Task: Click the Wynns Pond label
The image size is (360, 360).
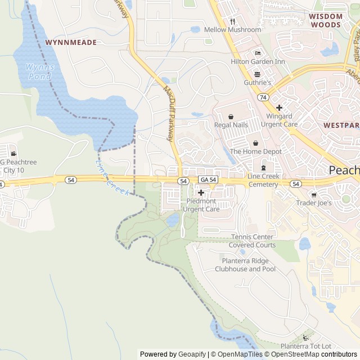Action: click(39, 71)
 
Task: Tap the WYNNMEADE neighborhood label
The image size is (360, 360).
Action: click(71, 42)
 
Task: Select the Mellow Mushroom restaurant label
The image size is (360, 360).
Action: click(232, 29)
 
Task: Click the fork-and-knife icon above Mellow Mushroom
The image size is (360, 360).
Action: click(231, 21)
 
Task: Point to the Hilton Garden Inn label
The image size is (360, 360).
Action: click(258, 61)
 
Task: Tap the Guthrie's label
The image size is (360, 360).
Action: click(258, 83)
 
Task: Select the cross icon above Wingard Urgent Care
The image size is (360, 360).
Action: click(278, 107)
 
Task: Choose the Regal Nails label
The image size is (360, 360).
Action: click(231, 124)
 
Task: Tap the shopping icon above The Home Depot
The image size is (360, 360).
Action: click(255, 143)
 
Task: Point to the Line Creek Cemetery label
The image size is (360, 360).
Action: click(263, 180)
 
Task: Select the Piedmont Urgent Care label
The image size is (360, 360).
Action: click(201, 205)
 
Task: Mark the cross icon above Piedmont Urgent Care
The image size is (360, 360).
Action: click(201, 193)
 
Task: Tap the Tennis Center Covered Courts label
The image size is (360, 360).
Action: click(252, 241)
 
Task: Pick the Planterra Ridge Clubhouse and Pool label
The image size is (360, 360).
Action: click(249, 265)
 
